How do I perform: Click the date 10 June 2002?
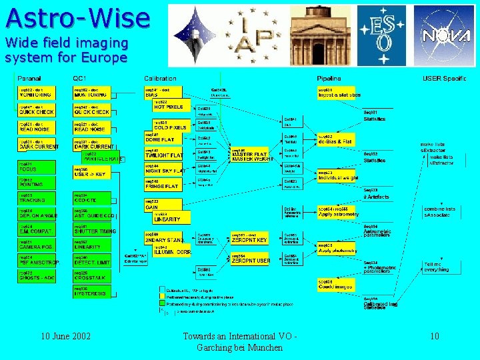[66, 337]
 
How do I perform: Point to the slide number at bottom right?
[434, 337]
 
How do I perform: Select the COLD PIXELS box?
[170, 125]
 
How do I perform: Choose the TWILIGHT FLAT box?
[164, 154]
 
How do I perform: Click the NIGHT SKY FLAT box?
[164, 170]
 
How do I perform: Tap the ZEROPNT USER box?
[251, 259]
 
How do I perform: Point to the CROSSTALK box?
[90, 276]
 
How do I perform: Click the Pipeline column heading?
[329, 79]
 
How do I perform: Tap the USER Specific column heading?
[445, 79]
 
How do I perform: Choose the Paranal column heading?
[29, 79]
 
